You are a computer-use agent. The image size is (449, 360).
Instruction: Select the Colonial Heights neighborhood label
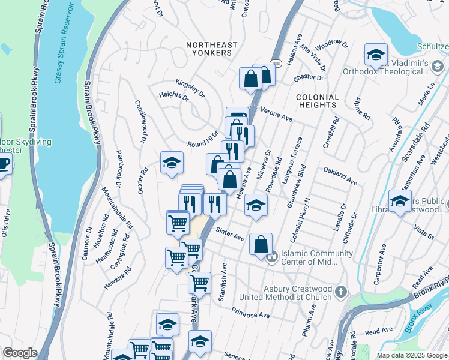pyautogui.click(x=317, y=101)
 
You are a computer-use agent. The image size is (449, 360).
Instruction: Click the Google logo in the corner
pyautogui.click(x=20, y=353)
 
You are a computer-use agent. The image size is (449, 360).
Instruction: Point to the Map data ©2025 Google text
pyautogui.click(x=411, y=355)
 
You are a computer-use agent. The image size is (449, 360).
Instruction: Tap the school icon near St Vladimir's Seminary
pyautogui.click(x=375, y=55)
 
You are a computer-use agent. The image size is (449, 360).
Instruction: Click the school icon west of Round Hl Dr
pyautogui.click(x=172, y=162)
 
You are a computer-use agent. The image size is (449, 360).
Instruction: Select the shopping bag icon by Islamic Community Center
pyautogui.click(x=261, y=244)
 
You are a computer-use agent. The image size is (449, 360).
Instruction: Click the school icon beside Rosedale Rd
pyautogui.click(x=256, y=205)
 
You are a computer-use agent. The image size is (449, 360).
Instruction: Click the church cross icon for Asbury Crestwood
pyautogui.click(x=341, y=292)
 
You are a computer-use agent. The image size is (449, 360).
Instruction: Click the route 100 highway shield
pyautogui.click(x=276, y=63)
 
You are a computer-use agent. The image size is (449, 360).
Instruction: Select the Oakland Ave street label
pyautogui.click(x=340, y=177)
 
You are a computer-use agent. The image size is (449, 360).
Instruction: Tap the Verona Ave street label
pyautogui.click(x=277, y=115)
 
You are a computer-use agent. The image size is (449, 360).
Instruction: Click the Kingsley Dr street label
pyautogui.click(x=190, y=88)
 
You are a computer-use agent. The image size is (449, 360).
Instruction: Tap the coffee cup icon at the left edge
pyautogui.click(x=3, y=163)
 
